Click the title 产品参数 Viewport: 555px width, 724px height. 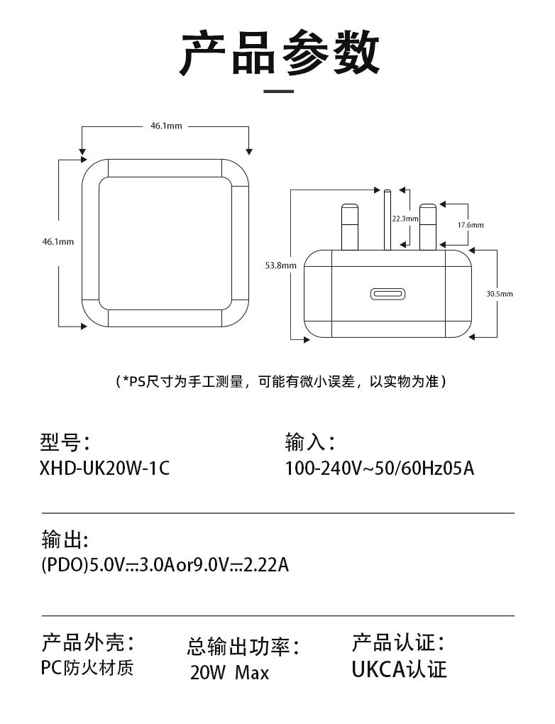(278, 54)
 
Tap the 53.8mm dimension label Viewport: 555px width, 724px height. (275, 265)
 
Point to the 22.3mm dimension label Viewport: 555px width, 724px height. (405, 219)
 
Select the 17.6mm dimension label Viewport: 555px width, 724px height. (470, 224)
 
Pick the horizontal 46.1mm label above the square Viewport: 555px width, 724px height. (165, 126)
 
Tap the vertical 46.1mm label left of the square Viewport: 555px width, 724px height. (58, 241)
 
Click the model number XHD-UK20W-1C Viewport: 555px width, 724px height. (106, 469)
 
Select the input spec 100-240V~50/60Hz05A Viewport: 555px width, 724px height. (379, 469)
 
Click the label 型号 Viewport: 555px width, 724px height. (65, 442)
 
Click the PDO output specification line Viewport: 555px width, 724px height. (165, 566)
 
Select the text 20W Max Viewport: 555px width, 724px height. (229, 672)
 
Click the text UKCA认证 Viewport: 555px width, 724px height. (399, 669)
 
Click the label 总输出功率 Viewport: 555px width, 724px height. (243, 646)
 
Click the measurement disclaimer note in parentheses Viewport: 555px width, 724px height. (282, 381)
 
